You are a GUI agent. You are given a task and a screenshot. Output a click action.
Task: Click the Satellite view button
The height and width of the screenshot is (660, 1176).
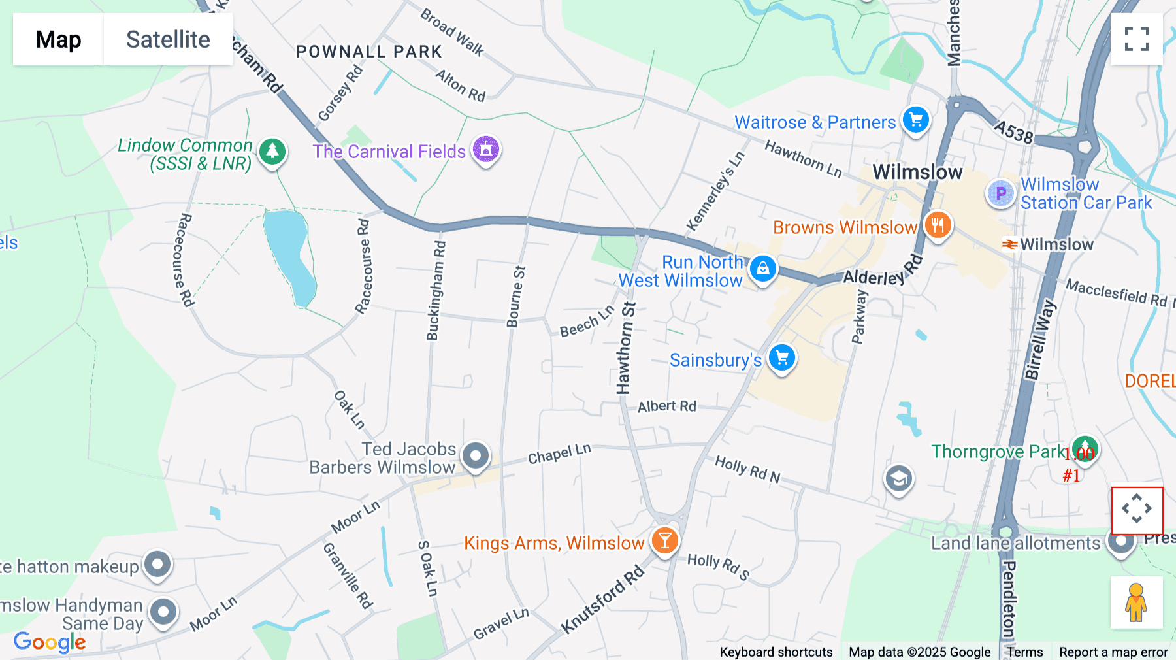pos(168,39)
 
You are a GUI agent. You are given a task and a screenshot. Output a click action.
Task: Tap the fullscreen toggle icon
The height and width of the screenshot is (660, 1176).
pos(1136,39)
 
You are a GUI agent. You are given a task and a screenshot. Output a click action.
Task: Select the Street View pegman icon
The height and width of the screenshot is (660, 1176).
pos(1136,602)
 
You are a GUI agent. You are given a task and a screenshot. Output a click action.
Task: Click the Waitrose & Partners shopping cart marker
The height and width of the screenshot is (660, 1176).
pos(915,120)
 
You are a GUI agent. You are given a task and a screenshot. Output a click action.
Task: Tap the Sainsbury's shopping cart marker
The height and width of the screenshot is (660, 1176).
pos(781,357)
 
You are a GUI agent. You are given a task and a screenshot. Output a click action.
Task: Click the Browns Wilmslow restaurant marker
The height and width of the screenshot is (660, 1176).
pos(938,225)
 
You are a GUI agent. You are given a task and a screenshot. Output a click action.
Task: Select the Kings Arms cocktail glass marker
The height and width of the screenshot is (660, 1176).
pos(664,541)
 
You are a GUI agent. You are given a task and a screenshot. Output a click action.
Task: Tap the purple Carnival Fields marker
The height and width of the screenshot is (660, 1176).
pos(485,150)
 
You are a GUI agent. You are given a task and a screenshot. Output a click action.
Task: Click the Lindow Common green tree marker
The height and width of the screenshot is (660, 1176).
pos(272,152)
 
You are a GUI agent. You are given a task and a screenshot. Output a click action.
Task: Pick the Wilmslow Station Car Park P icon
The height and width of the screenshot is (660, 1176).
pos(1000,193)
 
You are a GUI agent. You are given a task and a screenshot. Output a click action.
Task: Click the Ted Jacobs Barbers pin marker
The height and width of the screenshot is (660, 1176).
pos(475,455)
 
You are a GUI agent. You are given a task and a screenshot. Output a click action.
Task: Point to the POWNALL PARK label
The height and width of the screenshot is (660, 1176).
pos(369,52)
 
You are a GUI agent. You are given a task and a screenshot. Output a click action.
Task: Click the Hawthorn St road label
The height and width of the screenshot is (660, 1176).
pos(625,348)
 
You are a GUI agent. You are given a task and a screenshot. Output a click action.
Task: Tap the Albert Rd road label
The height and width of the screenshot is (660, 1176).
pos(666,406)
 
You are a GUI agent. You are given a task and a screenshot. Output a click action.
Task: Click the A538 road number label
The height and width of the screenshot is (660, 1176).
pos(1013,131)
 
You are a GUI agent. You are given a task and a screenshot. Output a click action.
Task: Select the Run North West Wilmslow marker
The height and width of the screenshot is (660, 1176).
pos(762,268)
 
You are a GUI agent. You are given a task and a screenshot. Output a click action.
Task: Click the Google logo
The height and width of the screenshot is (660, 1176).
pos(50,642)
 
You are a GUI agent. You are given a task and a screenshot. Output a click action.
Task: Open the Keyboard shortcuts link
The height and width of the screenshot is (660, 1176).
pos(776,652)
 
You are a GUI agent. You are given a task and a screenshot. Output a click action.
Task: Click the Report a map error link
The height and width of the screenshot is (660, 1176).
pos(1113,652)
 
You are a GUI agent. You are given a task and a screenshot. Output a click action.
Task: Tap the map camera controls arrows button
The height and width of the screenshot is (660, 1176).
pos(1137,509)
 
